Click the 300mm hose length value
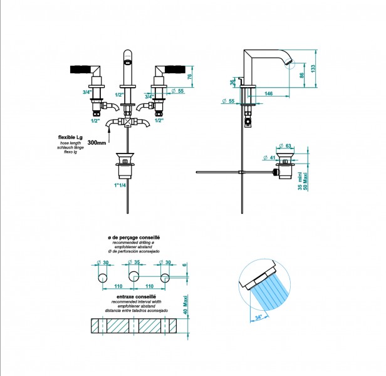(98, 142)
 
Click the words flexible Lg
(70, 136)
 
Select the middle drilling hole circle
(133, 276)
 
